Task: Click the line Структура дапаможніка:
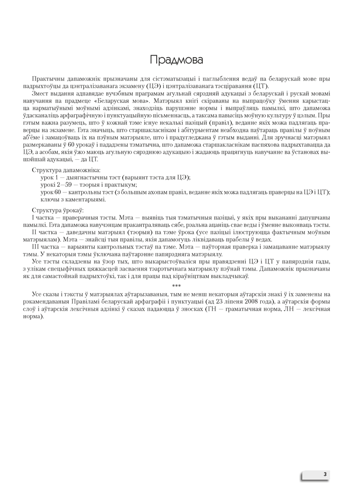pos(66,171)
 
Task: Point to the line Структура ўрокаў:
pos(58,209)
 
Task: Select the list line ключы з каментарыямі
pos(73,199)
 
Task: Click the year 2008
pos(241,302)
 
